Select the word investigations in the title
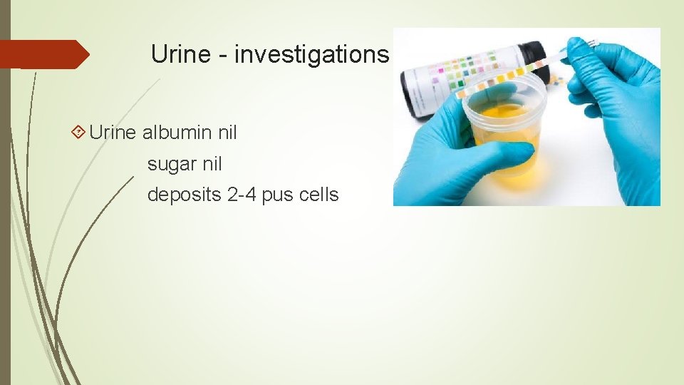(312, 53)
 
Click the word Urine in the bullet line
(113, 132)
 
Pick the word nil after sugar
(212, 164)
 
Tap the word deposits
(184, 195)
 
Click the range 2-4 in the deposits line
(242, 195)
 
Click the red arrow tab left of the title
(43, 54)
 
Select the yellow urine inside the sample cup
(502, 132)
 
